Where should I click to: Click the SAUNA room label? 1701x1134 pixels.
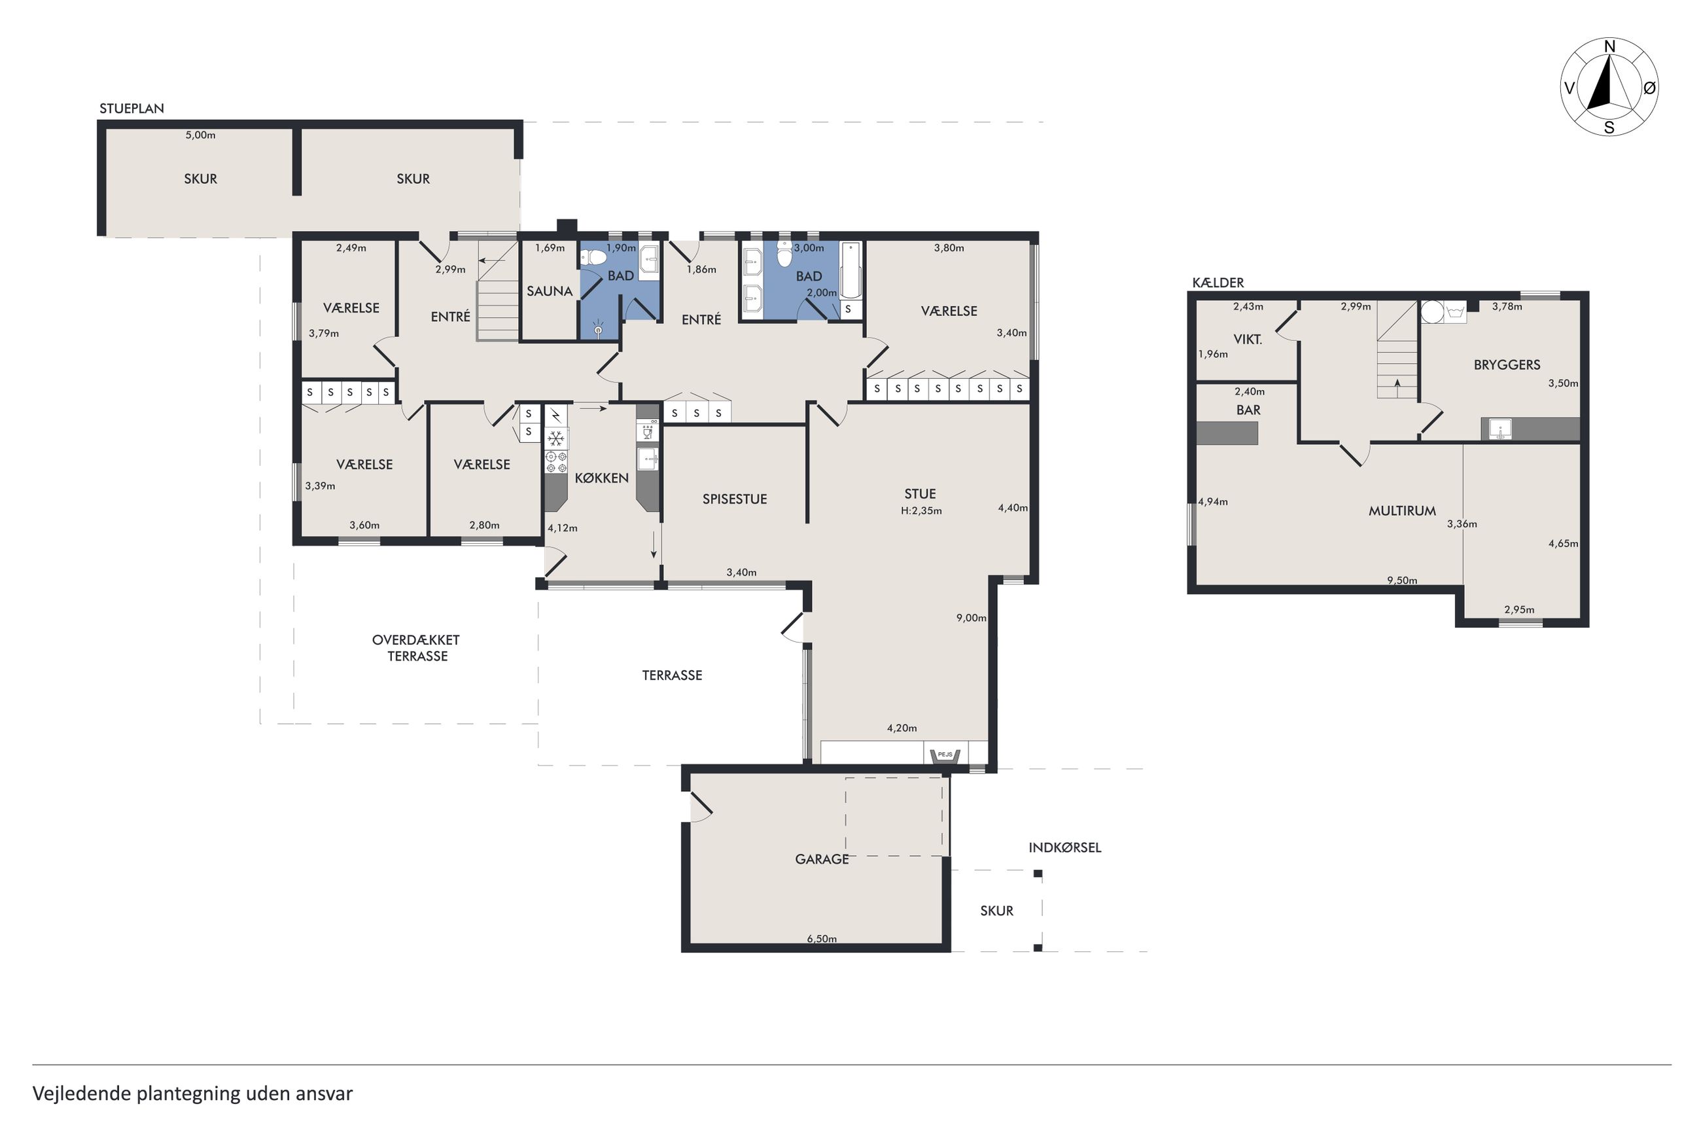click(550, 291)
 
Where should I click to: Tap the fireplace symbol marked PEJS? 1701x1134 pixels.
click(944, 755)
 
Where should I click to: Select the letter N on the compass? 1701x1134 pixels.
click(1609, 47)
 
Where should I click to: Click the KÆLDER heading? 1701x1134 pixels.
click(1218, 283)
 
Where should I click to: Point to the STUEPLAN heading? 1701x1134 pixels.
click(132, 109)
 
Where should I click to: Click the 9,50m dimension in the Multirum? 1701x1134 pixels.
click(1402, 580)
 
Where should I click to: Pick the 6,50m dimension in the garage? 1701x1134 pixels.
click(822, 939)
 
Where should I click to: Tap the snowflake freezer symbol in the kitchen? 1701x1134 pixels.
click(555, 438)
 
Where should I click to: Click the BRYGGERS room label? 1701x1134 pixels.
click(1507, 364)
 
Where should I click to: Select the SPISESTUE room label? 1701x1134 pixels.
click(735, 499)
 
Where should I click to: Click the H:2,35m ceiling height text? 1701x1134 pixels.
click(921, 510)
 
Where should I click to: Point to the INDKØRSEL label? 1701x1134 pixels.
click(1065, 847)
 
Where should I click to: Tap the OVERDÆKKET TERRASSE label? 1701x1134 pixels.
click(416, 648)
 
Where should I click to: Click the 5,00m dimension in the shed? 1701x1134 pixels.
click(200, 135)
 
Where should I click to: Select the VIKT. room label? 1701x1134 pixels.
click(1248, 339)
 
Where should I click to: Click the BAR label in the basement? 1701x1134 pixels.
click(1248, 410)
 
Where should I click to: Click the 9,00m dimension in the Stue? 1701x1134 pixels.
click(971, 618)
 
